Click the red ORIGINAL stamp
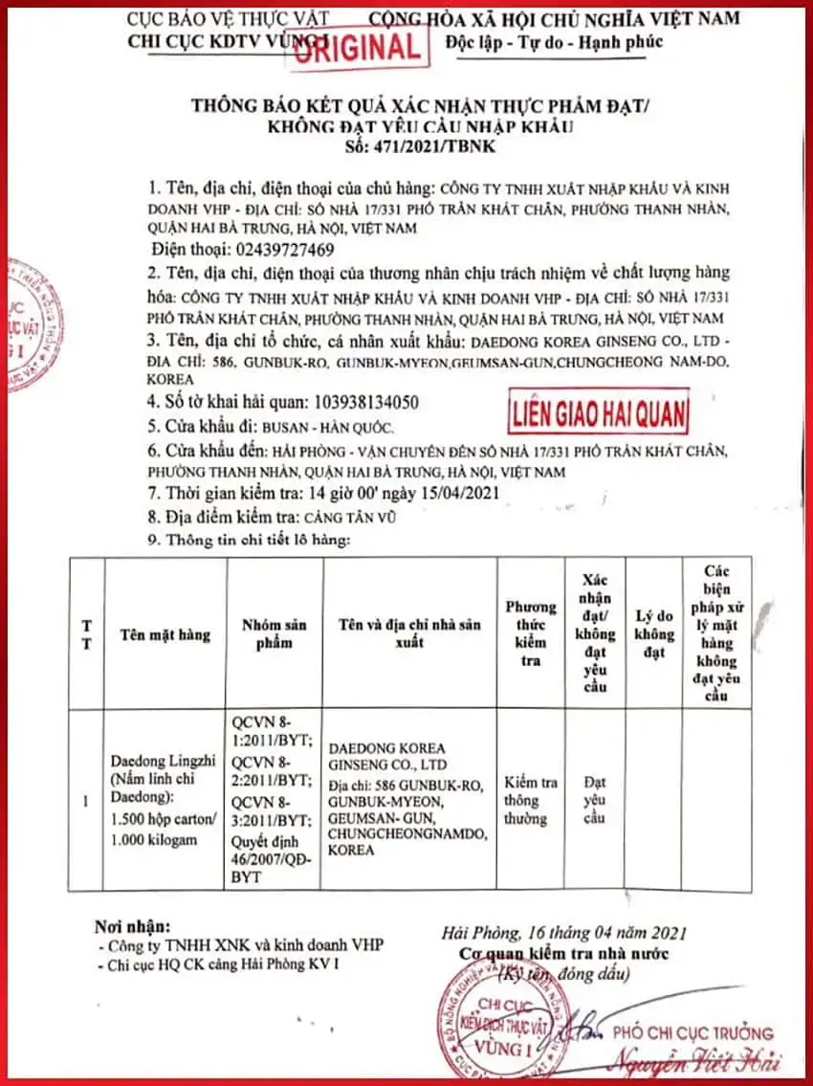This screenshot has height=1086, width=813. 357,46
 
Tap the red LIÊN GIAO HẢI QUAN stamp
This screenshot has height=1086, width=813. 599,413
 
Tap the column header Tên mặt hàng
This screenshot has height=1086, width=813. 165,633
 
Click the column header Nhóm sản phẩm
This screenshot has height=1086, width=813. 274,633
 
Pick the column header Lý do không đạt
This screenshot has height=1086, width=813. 654,633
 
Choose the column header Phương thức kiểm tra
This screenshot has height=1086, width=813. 531,633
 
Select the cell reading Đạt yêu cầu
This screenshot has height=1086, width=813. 595,800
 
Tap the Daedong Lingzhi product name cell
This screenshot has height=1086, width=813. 165,799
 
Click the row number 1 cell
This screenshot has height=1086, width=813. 87,800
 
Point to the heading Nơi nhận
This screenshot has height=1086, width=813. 133,926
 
